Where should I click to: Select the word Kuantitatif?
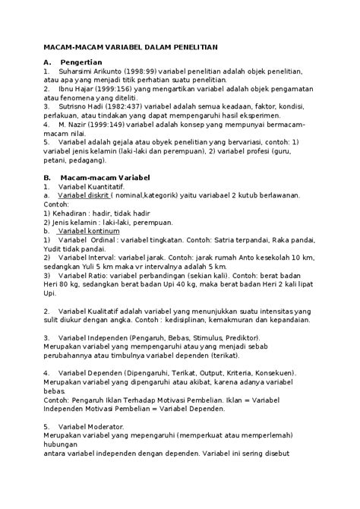[x=103, y=186]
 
